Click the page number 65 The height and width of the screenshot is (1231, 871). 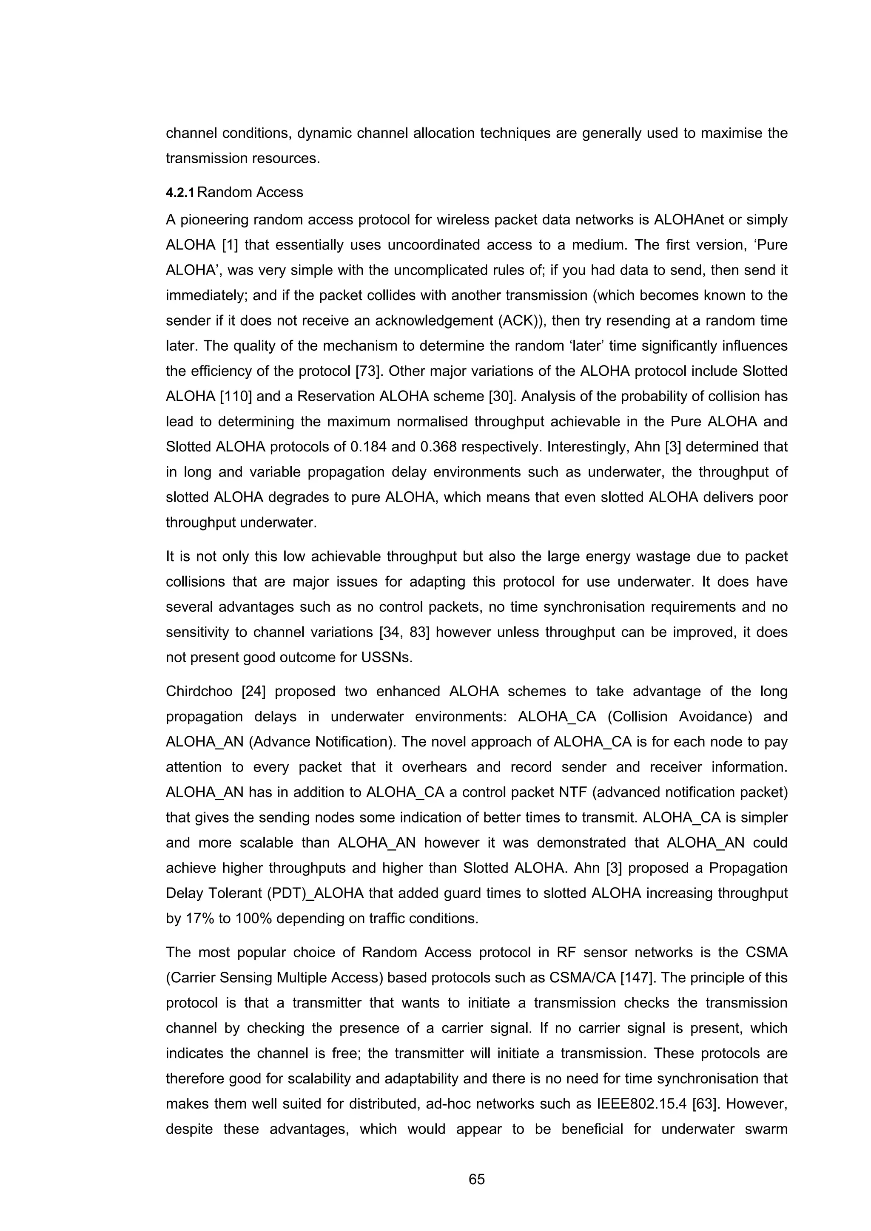pyautogui.click(x=476, y=1179)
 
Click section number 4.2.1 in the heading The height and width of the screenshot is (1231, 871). pyautogui.click(x=181, y=193)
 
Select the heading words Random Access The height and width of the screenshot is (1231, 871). pyautogui.click(x=250, y=193)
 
